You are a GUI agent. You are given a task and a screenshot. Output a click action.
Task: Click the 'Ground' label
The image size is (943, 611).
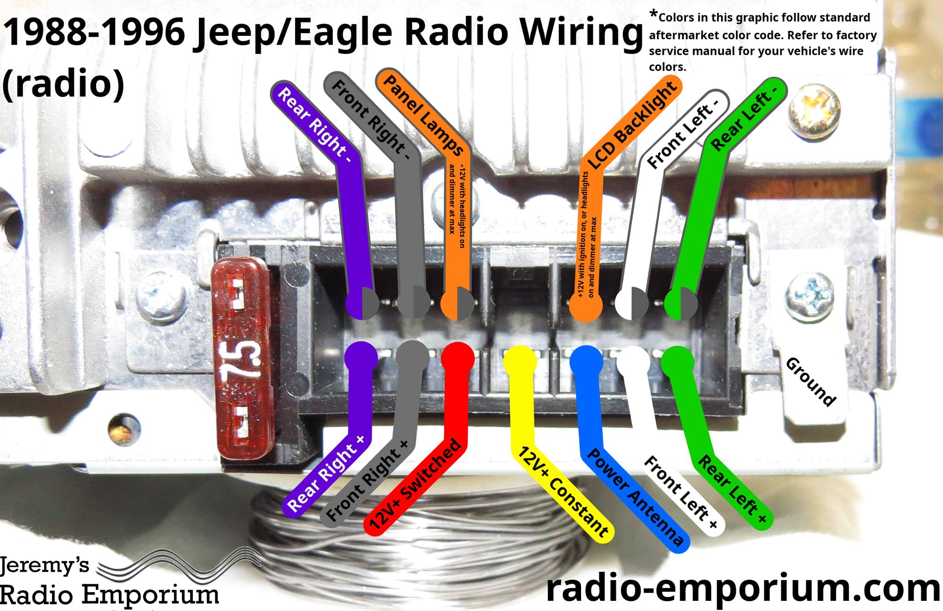pyautogui.click(x=810, y=382)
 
